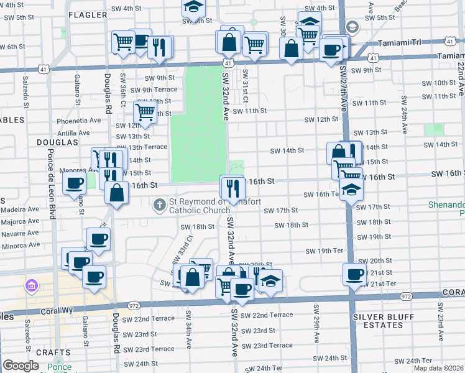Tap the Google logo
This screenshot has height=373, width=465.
pyautogui.click(x=21, y=366)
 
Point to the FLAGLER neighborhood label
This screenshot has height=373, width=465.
pyautogui.click(x=88, y=14)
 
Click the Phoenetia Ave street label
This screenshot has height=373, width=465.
pyautogui.click(x=78, y=120)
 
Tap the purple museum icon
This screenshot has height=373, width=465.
pyautogui.click(x=30, y=286)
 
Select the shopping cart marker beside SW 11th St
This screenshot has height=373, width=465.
pyautogui.click(x=145, y=112)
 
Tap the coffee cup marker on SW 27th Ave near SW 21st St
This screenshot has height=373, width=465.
pyautogui.click(x=355, y=274)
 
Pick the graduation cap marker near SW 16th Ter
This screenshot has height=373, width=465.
pyautogui.click(x=351, y=189)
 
